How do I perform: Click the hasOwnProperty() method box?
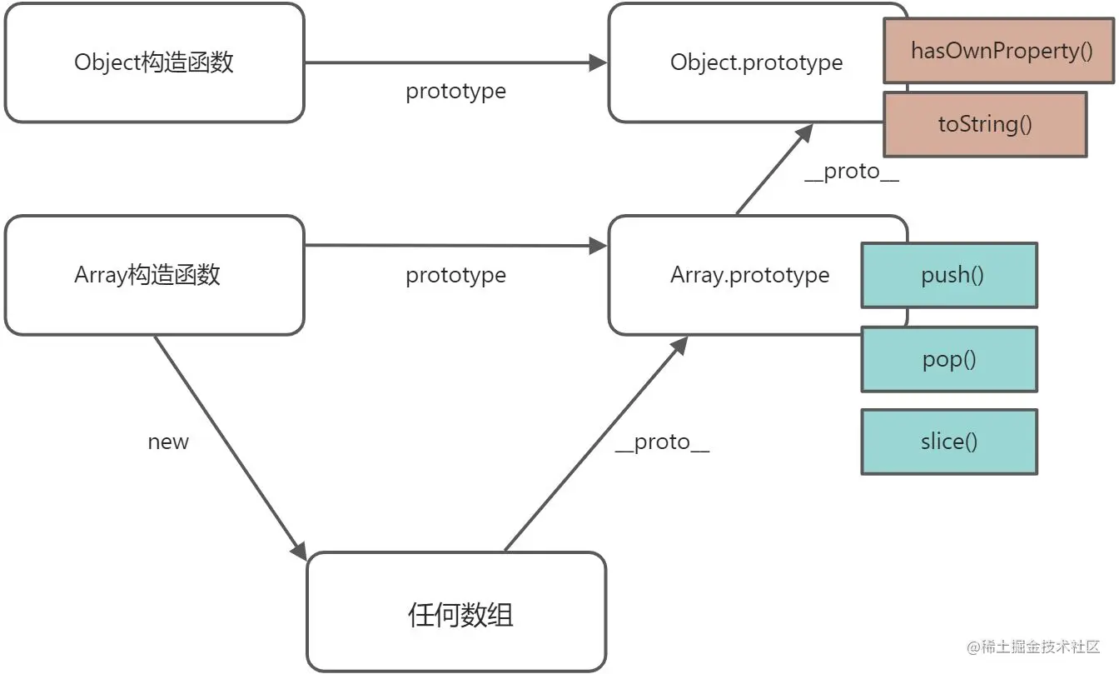pyautogui.click(x=998, y=51)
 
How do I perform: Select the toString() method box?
pyautogui.click(x=985, y=124)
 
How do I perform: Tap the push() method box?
pyautogui.click(x=949, y=275)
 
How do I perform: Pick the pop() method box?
pyautogui.click(x=949, y=359)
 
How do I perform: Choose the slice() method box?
pyautogui.click(x=949, y=442)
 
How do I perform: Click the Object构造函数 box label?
pyautogui.click(x=154, y=62)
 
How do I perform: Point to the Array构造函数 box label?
pyautogui.click(x=147, y=275)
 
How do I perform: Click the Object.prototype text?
pyautogui.click(x=756, y=63)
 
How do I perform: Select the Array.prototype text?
pyautogui.click(x=750, y=276)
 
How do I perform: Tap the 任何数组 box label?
pyautogui.click(x=460, y=615)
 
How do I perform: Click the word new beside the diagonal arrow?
pyautogui.click(x=168, y=442)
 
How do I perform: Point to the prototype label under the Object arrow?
pyautogui.click(x=455, y=92)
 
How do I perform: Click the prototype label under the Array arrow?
pyautogui.click(x=455, y=276)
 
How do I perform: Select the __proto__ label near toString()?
pyautogui.click(x=852, y=172)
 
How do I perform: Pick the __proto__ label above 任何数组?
pyautogui.click(x=662, y=442)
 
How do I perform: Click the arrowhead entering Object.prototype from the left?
pyautogui.click(x=599, y=63)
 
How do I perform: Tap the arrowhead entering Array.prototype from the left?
pyautogui.click(x=599, y=246)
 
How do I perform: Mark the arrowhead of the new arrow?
pyautogui.click(x=299, y=551)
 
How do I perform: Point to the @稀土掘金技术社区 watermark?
pyautogui.click(x=1033, y=647)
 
